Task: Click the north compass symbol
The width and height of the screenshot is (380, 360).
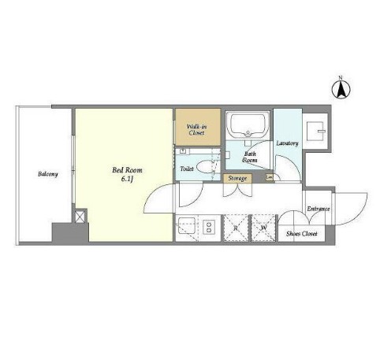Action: (x=341, y=90)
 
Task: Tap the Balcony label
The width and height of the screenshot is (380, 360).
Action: (x=48, y=174)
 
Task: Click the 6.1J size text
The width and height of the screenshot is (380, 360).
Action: (x=127, y=179)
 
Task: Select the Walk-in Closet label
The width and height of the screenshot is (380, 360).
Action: (x=197, y=130)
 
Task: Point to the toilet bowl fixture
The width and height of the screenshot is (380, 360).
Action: (x=206, y=167)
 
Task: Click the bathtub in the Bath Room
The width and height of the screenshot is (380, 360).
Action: (x=248, y=125)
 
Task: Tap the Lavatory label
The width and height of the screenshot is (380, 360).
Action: (x=287, y=143)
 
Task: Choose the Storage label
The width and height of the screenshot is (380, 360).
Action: (x=237, y=179)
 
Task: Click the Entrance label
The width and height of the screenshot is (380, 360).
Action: (x=319, y=209)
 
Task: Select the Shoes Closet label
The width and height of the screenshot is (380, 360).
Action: (x=302, y=233)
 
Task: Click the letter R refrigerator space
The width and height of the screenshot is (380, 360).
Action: (x=236, y=228)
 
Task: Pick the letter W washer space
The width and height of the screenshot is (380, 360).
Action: (x=263, y=228)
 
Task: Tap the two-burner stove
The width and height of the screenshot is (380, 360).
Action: (x=209, y=227)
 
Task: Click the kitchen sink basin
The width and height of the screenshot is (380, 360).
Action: (x=187, y=225)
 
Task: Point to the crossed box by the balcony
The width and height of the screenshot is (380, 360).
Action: (x=80, y=217)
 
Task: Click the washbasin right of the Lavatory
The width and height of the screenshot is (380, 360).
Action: (x=315, y=131)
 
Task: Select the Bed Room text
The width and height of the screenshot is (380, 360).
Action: (x=127, y=170)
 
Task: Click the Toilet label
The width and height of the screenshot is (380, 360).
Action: (x=187, y=169)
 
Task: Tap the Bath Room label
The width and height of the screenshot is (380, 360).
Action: (x=250, y=157)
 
